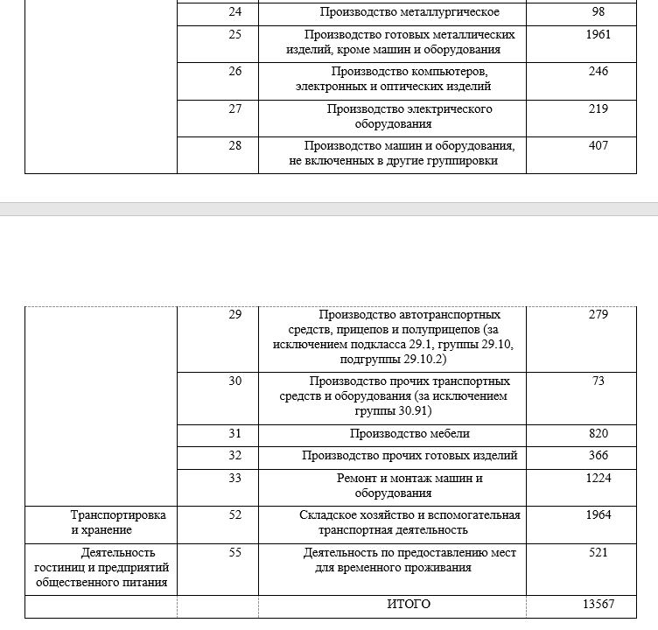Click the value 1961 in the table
[598, 35]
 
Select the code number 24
[235, 12]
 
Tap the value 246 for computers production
[598, 72]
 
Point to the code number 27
[235, 109]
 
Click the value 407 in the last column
[598, 146]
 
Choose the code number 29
[235, 315]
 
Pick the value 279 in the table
[598, 315]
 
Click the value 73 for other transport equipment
[598, 381]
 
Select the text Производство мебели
[409, 434]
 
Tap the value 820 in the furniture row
[598, 434]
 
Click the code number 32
[235, 456]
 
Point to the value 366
[598, 456]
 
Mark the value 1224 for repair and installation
[598, 479]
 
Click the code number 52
[235, 515]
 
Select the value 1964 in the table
[598, 515]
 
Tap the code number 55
[235, 553]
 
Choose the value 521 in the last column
[598, 553]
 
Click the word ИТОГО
[409, 605]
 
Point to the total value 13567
[598, 605]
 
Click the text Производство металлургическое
[409, 12]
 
